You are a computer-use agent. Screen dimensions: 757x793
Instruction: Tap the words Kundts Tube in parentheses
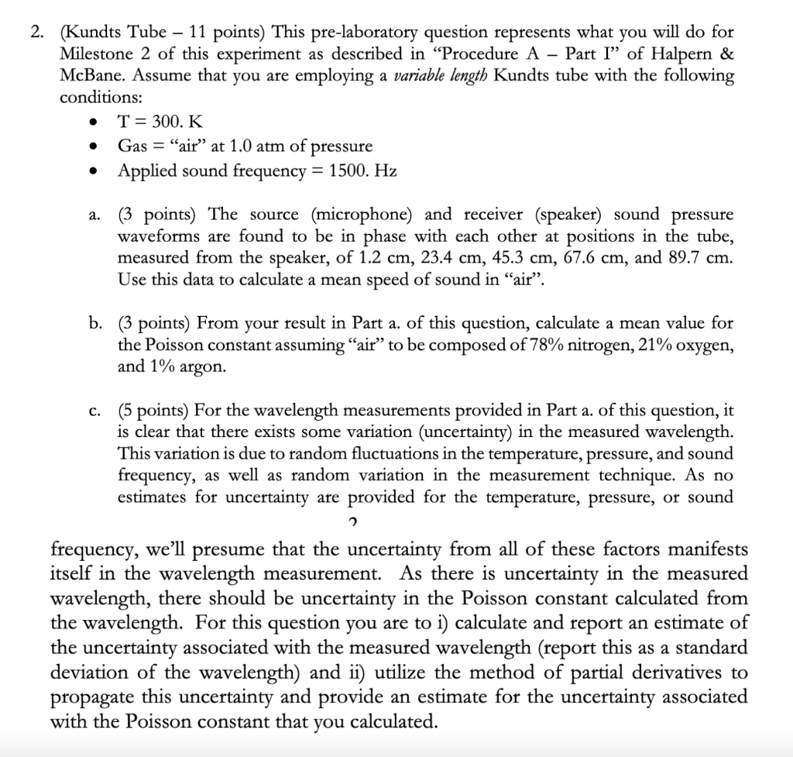pos(115,34)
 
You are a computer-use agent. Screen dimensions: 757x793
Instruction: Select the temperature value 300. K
pos(170,122)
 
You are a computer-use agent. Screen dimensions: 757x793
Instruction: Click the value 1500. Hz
pos(363,170)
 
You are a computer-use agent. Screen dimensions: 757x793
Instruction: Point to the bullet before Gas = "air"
pos(94,146)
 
